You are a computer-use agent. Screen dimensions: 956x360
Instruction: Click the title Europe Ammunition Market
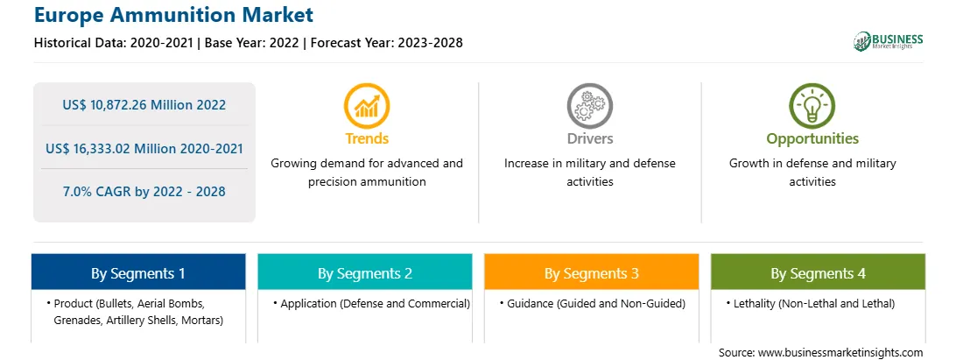[173, 14]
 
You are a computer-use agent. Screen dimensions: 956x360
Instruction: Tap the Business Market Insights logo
[889, 41]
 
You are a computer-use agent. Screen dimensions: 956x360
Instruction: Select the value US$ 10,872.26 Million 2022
[144, 105]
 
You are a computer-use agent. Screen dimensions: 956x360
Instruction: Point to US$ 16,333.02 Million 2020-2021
[144, 148]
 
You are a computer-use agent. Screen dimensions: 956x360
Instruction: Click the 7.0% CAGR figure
[144, 192]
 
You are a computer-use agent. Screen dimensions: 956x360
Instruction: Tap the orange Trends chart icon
[367, 106]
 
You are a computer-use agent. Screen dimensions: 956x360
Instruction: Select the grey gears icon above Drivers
[589, 106]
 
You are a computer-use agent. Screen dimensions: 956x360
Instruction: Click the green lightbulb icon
[812, 106]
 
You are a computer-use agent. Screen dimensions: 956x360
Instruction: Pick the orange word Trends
[367, 138]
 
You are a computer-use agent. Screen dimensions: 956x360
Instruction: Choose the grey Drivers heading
[589, 138]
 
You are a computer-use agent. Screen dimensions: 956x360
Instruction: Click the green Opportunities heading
[812, 139]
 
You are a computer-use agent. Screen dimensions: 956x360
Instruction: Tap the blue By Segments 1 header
[138, 272]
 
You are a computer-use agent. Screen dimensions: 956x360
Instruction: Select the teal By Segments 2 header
[364, 272]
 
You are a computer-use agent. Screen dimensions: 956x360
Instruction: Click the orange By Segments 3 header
[592, 272]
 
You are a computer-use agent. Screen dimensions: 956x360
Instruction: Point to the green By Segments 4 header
[819, 272]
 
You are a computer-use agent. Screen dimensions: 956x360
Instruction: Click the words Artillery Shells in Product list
[135, 319]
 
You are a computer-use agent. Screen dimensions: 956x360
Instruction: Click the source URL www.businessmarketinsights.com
[840, 352]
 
